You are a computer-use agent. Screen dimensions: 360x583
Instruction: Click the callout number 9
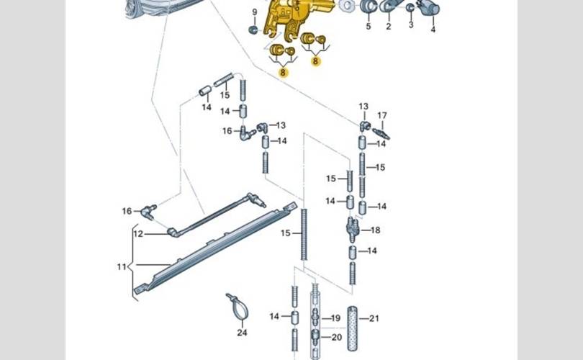(254, 13)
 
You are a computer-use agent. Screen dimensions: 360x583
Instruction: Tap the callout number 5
(368, 27)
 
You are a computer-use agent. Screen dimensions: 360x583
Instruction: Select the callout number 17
(382, 115)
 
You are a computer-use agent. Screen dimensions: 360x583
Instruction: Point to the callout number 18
(375, 230)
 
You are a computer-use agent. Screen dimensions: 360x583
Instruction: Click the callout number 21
(374, 318)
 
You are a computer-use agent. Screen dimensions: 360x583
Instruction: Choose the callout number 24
(242, 333)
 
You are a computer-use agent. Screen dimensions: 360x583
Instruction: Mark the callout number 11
(121, 267)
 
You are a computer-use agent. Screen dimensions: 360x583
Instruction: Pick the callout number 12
(138, 233)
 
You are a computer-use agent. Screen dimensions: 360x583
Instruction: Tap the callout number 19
(335, 318)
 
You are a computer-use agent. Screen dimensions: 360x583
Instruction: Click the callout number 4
(433, 30)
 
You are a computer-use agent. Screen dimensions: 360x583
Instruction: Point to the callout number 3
(411, 25)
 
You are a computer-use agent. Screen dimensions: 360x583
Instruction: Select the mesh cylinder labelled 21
(352, 328)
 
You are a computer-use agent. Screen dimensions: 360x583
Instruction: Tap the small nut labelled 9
(254, 30)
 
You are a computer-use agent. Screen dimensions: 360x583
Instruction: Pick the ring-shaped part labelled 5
(368, 7)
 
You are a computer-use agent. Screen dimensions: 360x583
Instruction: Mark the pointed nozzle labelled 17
(381, 133)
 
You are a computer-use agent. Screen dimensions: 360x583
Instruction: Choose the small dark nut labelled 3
(410, 8)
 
